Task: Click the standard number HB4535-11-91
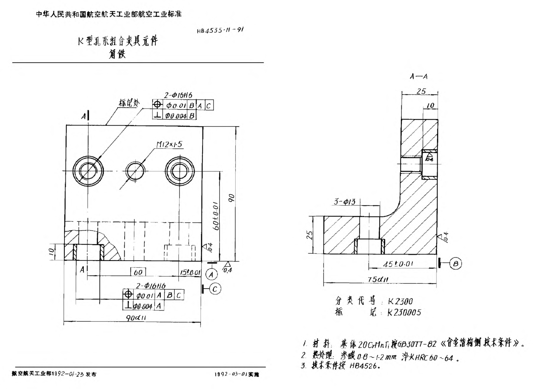coord(220,31)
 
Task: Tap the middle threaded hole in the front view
coord(135,171)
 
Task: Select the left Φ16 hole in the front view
coord(88,171)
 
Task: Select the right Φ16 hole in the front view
coord(180,170)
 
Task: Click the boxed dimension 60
coord(138,272)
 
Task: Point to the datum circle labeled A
coord(212,275)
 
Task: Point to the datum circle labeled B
coord(456,264)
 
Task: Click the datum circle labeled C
coord(215,289)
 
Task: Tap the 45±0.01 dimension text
coord(398,264)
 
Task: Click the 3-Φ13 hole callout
coord(344,202)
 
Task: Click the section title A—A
coord(419,76)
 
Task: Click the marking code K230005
coord(404,312)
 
